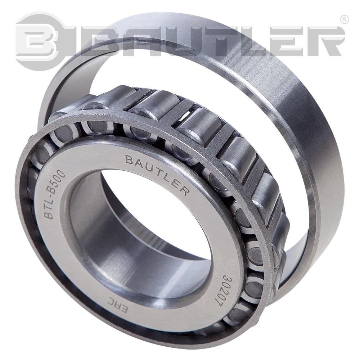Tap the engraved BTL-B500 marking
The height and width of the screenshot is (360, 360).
tap(55, 194)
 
